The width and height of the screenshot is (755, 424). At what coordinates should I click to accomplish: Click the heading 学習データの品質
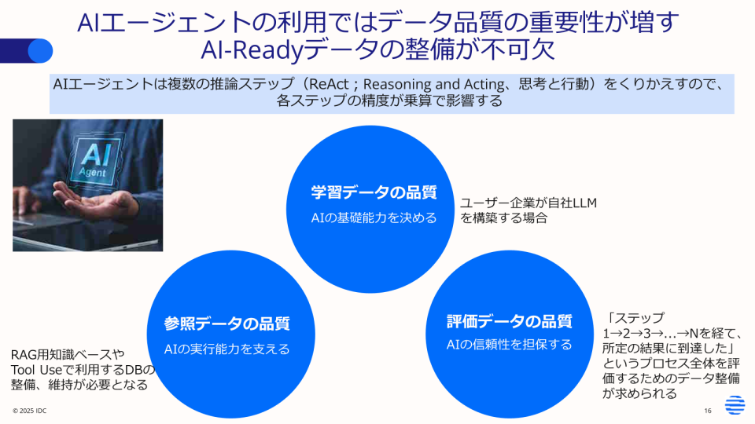point(374,192)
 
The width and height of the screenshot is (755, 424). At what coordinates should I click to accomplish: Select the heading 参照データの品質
point(226,323)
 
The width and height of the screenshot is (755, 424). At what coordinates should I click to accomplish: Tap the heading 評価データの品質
point(510,321)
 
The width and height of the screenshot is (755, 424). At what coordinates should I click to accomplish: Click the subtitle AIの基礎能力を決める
point(374,217)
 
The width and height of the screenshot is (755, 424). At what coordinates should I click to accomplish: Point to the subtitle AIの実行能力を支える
point(226,349)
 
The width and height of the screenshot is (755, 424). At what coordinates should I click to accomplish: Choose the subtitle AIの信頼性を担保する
point(510,345)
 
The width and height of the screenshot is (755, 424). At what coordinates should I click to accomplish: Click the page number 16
point(707,411)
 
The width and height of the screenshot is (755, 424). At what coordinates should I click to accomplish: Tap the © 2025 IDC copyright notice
point(29,411)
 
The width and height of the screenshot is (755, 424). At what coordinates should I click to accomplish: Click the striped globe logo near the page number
point(735,405)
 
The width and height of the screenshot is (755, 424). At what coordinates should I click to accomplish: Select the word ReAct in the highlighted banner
point(329,84)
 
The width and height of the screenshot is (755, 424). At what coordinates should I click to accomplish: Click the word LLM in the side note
point(584,203)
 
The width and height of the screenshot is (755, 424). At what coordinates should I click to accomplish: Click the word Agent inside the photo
point(92,172)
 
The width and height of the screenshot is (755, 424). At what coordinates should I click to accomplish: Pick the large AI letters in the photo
point(96,154)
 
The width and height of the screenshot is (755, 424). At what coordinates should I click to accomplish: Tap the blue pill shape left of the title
point(26,50)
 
